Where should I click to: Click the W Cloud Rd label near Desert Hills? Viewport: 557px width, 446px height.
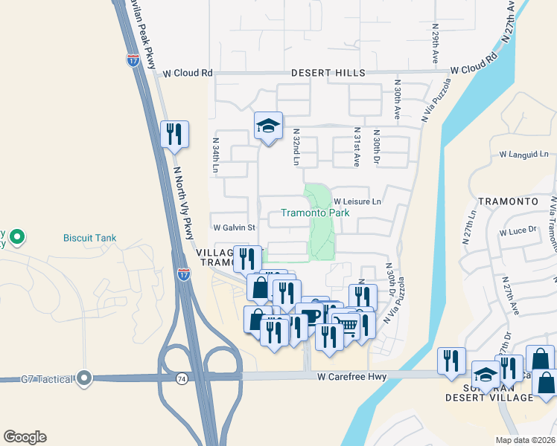pyautogui.click(x=188, y=73)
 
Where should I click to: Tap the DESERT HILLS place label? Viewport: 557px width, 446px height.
pyautogui.click(x=328, y=73)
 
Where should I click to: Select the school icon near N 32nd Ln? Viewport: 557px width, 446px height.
pyautogui.click(x=268, y=125)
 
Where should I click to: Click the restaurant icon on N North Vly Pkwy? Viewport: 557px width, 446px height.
pyautogui.click(x=174, y=135)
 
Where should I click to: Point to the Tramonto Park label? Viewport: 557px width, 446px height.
pyautogui.click(x=314, y=213)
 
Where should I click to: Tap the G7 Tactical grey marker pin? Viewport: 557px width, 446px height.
pyautogui.click(x=85, y=378)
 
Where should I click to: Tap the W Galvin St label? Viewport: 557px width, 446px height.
pyautogui.click(x=234, y=227)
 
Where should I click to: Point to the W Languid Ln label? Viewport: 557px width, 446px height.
pyautogui.click(x=523, y=155)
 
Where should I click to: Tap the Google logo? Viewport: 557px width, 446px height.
pyautogui.click(x=25, y=436)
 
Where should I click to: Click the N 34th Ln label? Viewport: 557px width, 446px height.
pyautogui.click(x=215, y=155)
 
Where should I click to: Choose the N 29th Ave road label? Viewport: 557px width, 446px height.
pyautogui.click(x=435, y=43)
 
